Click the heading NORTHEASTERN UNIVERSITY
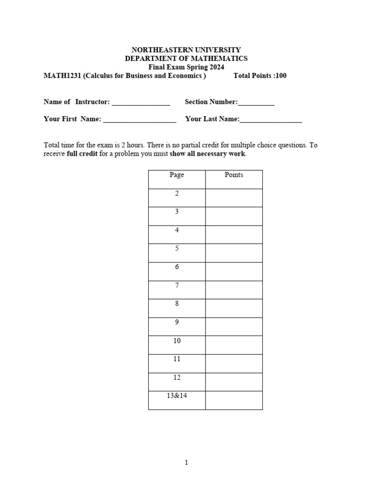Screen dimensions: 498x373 pos(186,50)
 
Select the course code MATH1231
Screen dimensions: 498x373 pos(60,76)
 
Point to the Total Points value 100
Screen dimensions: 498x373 pos(281,76)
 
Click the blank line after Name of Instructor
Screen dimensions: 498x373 pos(141,103)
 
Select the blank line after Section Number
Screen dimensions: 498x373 pos(256,103)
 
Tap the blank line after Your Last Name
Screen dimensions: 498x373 pos(271,120)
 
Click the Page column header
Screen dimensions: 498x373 pos(177,175)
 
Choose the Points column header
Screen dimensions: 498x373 pos(234,175)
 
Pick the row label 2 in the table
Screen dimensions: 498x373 pos(177,194)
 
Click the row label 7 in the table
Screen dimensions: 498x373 pos(177,285)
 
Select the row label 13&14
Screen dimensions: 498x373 pos(177,396)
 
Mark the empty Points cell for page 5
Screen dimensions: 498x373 pos(234,253)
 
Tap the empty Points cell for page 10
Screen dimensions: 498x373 pos(234,345)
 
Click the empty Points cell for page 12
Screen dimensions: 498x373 pos(234,382)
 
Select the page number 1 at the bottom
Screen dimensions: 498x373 pos(186,462)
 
